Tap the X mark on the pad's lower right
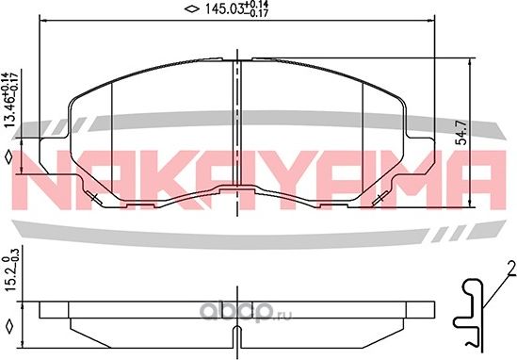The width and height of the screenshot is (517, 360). point(380,197)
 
